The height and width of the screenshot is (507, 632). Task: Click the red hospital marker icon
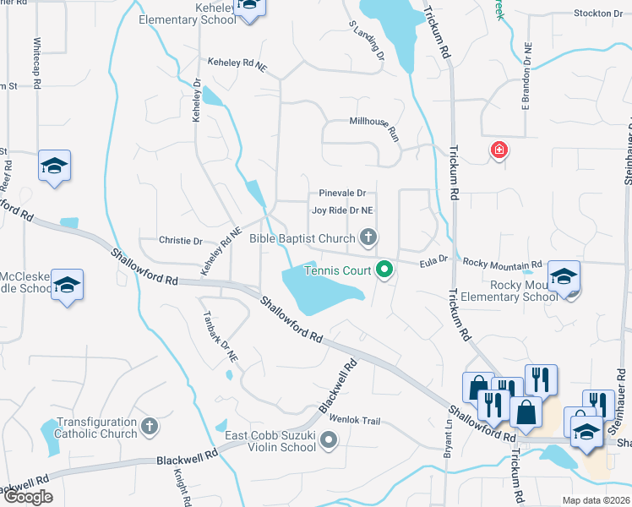[x=499, y=150]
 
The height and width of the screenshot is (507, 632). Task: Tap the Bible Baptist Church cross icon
[x=368, y=237]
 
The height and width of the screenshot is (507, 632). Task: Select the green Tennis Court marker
[x=384, y=270]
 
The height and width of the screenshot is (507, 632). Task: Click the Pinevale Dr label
[x=341, y=194]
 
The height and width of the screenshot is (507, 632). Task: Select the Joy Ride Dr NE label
[x=342, y=210]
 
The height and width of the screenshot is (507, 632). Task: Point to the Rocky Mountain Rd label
[x=502, y=264]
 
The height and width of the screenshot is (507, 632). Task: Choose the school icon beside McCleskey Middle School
[x=67, y=284]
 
